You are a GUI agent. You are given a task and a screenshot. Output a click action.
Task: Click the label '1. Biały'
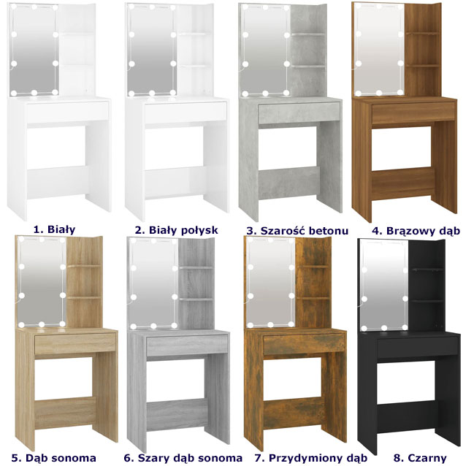(x=54, y=229)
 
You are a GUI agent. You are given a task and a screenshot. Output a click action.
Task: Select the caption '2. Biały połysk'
(x=176, y=230)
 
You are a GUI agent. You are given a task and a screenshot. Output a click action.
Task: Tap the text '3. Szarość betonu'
(x=297, y=231)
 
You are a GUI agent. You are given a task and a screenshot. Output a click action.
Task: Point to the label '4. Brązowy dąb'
(x=416, y=231)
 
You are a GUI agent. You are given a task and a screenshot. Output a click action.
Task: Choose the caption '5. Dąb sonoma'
(x=54, y=458)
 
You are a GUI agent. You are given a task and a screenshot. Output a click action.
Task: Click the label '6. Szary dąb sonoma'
(x=183, y=458)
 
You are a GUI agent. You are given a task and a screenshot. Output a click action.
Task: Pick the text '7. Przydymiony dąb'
(x=311, y=458)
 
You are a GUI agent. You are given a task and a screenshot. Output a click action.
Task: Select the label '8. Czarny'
(x=420, y=458)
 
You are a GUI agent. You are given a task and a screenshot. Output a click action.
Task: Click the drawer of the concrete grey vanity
(x=299, y=112)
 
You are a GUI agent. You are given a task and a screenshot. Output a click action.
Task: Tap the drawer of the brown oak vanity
(x=414, y=112)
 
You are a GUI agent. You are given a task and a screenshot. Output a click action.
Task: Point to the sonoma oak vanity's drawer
(x=75, y=343)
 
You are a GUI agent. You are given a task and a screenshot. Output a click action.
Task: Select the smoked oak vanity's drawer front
(x=304, y=345)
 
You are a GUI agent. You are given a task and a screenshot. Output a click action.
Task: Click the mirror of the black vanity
(x=384, y=284)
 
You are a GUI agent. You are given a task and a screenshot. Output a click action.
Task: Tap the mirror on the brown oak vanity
(x=379, y=49)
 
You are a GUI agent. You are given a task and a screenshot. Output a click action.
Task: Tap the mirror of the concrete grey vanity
(x=265, y=50)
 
